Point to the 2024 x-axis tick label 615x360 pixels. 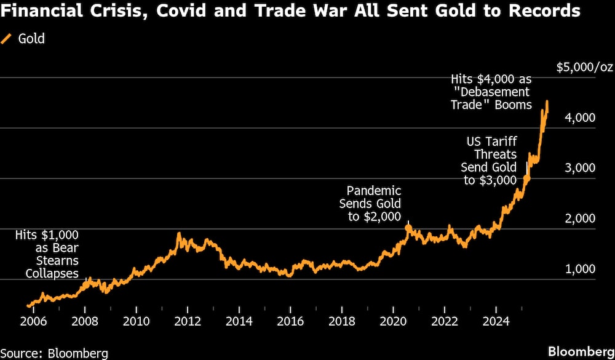pyautogui.click(x=496, y=321)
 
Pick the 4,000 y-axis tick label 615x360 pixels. pyautogui.click(x=579, y=118)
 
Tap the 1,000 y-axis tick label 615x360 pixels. pyautogui.click(x=579, y=269)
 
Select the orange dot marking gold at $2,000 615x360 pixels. pyautogui.click(x=408, y=228)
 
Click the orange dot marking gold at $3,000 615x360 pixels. pyautogui.click(x=526, y=178)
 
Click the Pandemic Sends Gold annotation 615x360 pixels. pyautogui.click(x=370, y=203)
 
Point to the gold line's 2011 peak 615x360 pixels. pyautogui.click(x=178, y=234)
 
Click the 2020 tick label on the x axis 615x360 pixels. pyautogui.click(x=394, y=321)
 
